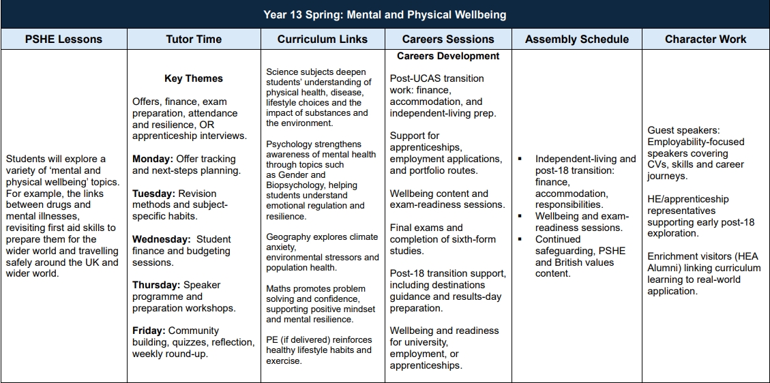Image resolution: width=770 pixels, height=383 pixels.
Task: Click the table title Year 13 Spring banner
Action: pyautogui.click(x=385, y=14)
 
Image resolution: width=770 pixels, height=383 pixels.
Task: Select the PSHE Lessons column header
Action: pyautogui.click(x=63, y=39)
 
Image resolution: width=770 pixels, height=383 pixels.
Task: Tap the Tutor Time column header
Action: pyautogui.click(x=194, y=39)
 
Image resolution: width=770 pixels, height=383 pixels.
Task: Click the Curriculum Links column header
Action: pyautogui.click(x=322, y=39)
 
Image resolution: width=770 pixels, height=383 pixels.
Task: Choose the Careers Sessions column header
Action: pyautogui.click(x=447, y=39)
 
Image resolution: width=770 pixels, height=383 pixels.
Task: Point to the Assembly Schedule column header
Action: pyautogui.click(x=576, y=39)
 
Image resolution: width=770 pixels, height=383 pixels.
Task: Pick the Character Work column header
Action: pyautogui.click(x=705, y=39)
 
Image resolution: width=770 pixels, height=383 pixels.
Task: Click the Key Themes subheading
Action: pyautogui.click(x=194, y=78)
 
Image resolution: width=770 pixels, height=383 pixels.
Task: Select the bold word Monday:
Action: pyautogui.click(x=153, y=159)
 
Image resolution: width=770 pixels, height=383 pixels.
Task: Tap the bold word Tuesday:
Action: pyautogui.click(x=153, y=194)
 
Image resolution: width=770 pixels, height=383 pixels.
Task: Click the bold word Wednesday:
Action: pyautogui.click(x=161, y=239)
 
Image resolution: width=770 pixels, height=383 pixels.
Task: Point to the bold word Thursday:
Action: pyautogui.click(x=156, y=285)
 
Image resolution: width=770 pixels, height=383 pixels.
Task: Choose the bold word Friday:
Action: pyautogui.click(x=149, y=331)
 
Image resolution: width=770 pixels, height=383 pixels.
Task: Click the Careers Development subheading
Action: pyautogui.click(x=448, y=56)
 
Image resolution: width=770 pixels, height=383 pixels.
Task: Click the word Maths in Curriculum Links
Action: pyautogui.click(x=278, y=288)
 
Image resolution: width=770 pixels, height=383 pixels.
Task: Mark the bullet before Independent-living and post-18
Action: pyautogui.click(x=520, y=159)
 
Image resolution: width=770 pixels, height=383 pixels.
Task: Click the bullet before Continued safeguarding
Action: pyautogui.click(x=520, y=239)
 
